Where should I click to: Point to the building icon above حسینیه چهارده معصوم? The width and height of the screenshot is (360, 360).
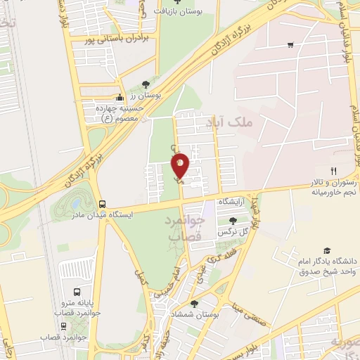click(x=120, y=98)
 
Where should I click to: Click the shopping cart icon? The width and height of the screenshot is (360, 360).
click(x=290, y=45)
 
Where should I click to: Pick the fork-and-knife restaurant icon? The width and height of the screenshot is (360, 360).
click(x=334, y=171)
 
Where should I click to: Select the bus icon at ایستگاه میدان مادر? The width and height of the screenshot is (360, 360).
click(x=103, y=202)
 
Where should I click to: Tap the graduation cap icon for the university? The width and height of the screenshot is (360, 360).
click(x=326, y=250)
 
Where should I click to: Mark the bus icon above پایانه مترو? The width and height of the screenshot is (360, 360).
click(x=76, y=291)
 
